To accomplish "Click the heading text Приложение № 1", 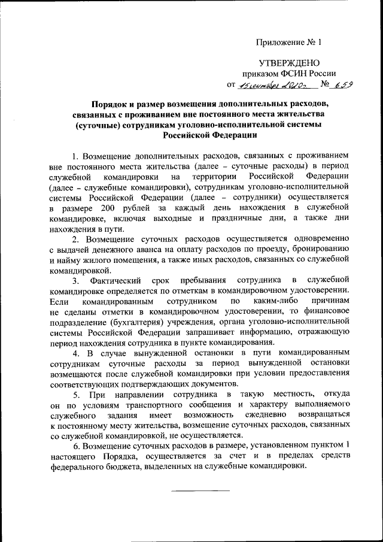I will tap(288, 43).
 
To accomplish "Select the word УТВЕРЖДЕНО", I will tap(289, 63).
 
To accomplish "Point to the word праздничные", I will tap(233, 218).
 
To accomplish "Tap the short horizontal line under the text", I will tap(200, 490).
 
